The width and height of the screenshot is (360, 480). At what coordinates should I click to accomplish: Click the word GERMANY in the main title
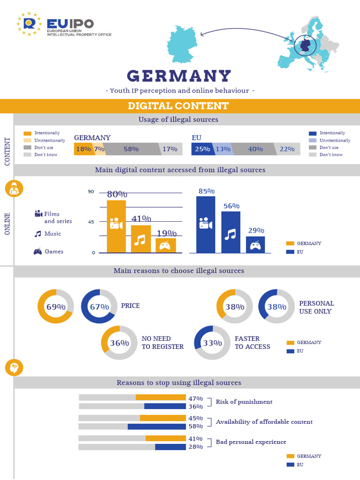[x=180, y=75]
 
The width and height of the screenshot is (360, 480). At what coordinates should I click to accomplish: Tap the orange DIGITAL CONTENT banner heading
[x=179, y=106]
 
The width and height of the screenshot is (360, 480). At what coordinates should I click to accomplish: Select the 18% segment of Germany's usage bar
[x=83, y=149]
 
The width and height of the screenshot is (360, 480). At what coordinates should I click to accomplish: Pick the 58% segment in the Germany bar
[x=131, y=149]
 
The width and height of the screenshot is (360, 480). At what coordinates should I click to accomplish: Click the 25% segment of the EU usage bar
[x=202, y=149]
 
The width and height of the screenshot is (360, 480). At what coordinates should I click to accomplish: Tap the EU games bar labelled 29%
[x=255, y=244]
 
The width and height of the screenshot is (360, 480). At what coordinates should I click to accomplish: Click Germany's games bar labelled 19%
[x=165, y=246]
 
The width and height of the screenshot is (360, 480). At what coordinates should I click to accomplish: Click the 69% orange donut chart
[x=55, y=307]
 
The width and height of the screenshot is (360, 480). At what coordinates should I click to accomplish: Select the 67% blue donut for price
[x=99, y=307]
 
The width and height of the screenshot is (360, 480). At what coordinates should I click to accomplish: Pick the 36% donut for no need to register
[x=119, y=343]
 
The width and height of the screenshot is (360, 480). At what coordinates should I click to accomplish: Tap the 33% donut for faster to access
[x=212, y=343]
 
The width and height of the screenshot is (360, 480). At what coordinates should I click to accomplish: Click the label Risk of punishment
[x=244, y=402]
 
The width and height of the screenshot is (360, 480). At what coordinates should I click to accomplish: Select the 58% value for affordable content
[x=195, y=427]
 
